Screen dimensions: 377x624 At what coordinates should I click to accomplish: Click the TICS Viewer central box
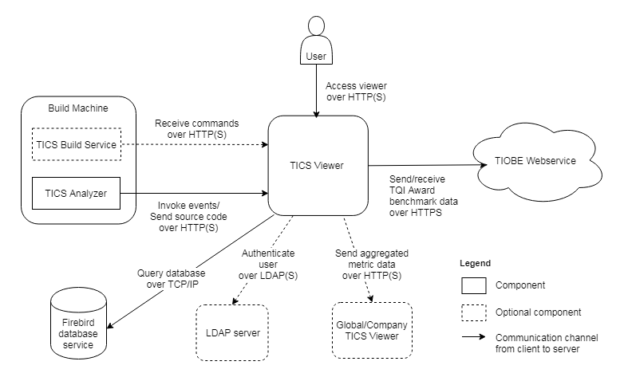(x=318, y=166)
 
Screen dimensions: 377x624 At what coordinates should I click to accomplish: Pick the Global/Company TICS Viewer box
(x=371, y=331)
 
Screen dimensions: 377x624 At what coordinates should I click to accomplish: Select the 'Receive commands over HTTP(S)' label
(x=198, y=130)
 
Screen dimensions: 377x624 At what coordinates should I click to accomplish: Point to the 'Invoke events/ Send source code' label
(x=188, y=210)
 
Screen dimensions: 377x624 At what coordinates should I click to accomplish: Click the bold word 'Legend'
(x=476, y=262)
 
